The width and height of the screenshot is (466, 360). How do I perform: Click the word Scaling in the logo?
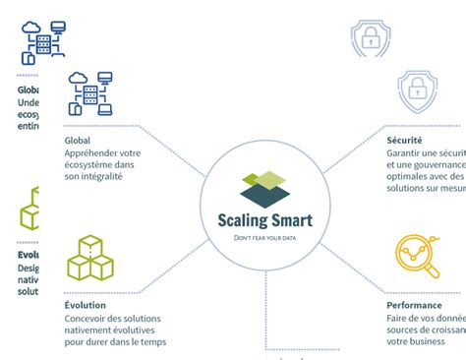(x=242, y=220)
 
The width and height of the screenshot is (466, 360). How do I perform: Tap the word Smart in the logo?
(x=291, y=220)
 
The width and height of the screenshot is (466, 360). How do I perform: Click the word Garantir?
(x=403, y=154)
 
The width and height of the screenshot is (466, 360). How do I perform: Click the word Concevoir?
(x=87, y=319)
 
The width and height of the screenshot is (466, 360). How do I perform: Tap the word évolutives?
(x=133, y=330)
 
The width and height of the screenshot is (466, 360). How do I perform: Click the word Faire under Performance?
(x=396, y=319)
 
